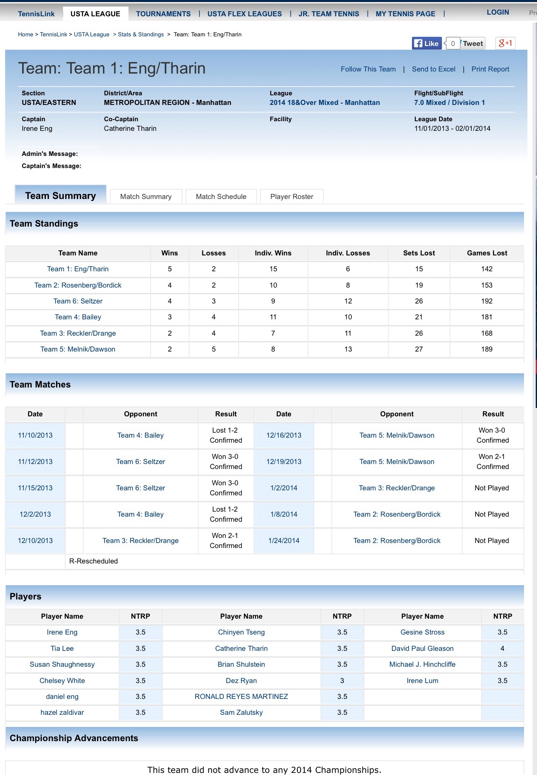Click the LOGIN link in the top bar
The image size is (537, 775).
pos(498,12)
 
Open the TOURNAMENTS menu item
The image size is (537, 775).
pos(163,14)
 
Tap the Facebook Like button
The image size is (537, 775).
pos(427,43)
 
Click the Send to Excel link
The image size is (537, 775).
pos(433,69)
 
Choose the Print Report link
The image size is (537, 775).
pos(490,69)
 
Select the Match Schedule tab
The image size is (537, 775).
pos(221,196)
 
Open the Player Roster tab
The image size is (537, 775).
pos(292,196)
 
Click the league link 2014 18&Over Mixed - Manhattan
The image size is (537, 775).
pos(325,102)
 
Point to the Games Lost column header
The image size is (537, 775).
pos(487,253)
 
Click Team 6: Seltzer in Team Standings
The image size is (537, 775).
pos(78,301)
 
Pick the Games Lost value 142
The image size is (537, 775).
pos(487,269)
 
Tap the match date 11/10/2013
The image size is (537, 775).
pos(35,435)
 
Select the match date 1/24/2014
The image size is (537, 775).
pos(284,540)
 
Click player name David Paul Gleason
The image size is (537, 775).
pos(422,648)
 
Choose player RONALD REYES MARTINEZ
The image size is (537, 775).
pos(241,696)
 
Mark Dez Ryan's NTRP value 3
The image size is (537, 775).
pos(342,681)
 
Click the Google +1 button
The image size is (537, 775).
pos(505,43)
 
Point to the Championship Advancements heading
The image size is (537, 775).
pos(74,738)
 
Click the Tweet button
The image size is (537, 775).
pos(473,43)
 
